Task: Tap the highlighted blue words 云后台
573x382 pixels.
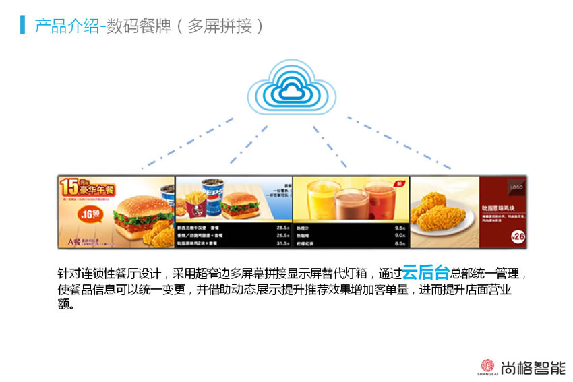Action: point(425,273)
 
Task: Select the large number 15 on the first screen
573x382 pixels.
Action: point(69,187)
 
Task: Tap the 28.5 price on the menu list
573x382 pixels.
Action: point(282,228)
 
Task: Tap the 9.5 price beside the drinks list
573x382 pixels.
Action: point(399,228)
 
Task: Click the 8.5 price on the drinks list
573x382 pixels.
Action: point(399,243)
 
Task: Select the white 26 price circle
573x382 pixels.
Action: point(518,236)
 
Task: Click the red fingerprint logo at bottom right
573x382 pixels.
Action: point(486,366)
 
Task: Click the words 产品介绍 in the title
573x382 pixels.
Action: point(66,26)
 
